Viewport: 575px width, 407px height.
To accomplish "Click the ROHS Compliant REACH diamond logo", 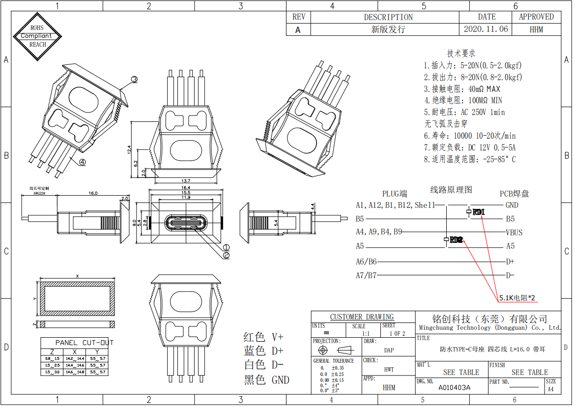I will [x=37, y=36].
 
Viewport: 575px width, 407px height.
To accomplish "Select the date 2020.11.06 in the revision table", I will [x=486, y=29].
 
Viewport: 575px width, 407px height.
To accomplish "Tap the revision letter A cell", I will [x=298, y=29].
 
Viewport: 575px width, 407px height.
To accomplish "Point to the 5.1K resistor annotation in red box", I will [x=517, y=297].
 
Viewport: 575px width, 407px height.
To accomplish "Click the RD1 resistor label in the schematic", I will [x=478, y=212].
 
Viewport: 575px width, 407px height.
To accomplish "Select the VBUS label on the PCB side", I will [x=514, y=233].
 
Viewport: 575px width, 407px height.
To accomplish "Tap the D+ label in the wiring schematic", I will [x=510, y=262].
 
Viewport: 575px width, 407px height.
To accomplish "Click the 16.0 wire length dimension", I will [x=92, y=193].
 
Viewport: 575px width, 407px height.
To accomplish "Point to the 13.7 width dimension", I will [x=186, y=181].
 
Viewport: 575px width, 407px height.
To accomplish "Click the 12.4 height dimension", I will [x=129, y=149].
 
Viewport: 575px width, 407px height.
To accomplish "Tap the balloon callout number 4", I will [x=82, y=161].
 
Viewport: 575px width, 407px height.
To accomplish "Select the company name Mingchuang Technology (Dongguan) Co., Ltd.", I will [x=489, y=327].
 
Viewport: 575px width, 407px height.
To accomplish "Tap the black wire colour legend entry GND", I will [x=267, y=379].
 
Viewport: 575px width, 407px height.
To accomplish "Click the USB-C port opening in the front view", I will [x=186, y=223].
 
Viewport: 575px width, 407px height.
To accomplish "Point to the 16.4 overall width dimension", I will [x=185, y=188].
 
